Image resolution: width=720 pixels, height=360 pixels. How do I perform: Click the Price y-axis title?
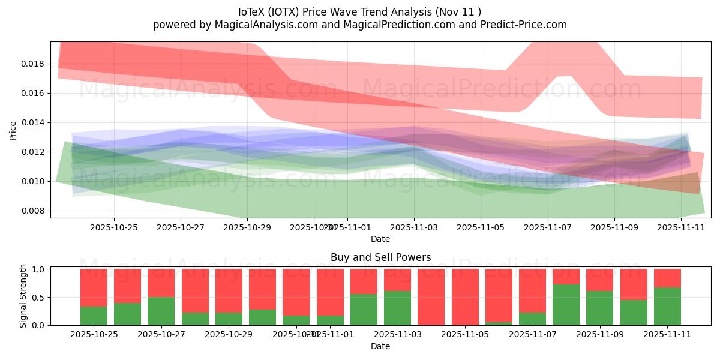click(x=13, y=131)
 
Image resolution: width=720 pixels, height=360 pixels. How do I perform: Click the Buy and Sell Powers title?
click(x=380, y=257)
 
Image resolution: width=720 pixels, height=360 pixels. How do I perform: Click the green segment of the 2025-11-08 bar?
click(x=566, y=305)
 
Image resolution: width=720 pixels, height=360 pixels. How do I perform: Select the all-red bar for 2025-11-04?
click(x=431, y=297)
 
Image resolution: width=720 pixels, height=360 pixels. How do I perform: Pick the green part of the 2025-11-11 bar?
click(x=667, y=307)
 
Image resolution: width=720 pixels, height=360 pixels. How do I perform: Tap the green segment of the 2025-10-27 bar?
click(x=161, y=311)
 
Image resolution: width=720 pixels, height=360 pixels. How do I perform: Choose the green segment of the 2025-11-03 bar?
click(x=397, y=308)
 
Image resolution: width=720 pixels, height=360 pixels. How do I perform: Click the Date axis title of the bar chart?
click(x=380, y=346)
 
